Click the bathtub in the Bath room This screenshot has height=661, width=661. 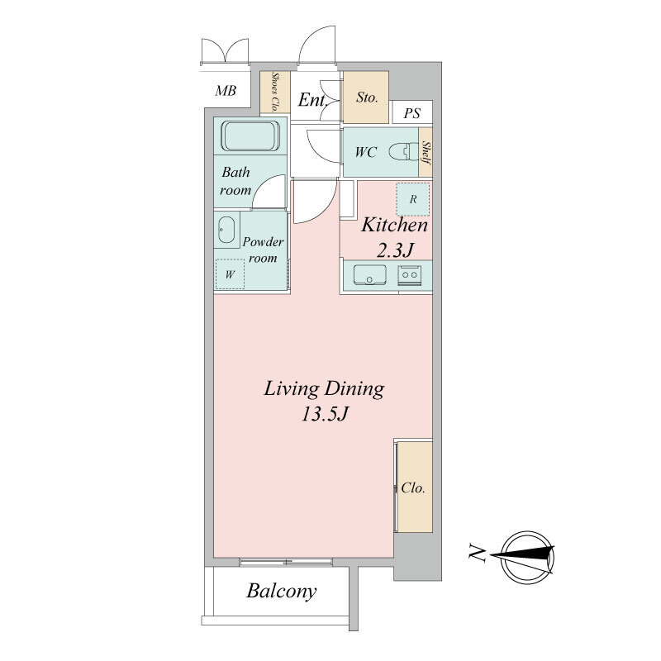coord(250,136)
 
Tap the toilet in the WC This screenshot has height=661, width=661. coord(402,152)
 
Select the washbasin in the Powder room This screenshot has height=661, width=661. coord(226,230)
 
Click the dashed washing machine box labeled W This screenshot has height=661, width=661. coord(230,274)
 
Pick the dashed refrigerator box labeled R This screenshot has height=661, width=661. coord(413,199)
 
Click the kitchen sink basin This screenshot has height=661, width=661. coord(369,275)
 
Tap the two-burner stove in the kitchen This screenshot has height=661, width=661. coord(410,276)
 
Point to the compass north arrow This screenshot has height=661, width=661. coord(522,556)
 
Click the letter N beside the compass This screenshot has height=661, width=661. coord(477,553)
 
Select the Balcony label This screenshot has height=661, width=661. coord(281,591)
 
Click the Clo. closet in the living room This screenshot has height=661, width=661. coord(415,487)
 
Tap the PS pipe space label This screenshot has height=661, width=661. coord(411,113)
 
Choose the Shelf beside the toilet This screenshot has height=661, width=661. coord(426,152)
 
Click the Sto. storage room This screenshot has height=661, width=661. coord(366,97)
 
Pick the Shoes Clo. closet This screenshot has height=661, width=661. coord(275,92)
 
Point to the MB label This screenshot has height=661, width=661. coord(226,91)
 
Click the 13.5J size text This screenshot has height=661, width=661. coord(324,414)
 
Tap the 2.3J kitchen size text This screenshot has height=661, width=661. coord(394,251)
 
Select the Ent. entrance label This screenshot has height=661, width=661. coord(313,100)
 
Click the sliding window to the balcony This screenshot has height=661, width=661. coord(286,562)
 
